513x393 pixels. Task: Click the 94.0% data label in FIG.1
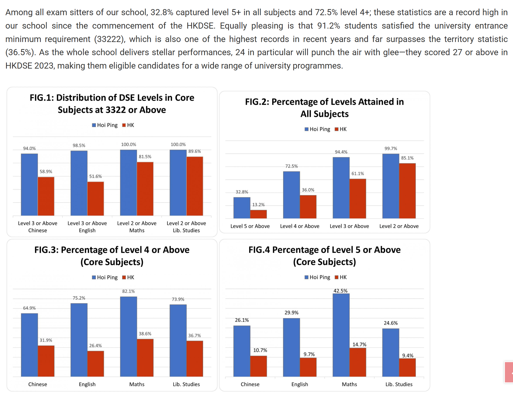29,148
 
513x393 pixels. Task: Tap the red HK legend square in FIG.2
337,129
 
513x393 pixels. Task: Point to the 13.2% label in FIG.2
258,204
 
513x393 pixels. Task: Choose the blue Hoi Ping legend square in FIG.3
94,277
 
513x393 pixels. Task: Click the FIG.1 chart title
112,104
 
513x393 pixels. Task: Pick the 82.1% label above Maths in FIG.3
128,291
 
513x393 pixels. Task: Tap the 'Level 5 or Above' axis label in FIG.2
250,226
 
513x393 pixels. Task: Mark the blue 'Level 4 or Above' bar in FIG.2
291,195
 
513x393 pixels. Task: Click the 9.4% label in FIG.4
408,355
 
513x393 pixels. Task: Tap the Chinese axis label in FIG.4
250,384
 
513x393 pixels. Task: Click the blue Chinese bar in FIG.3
29,345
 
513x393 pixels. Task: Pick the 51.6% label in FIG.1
95,176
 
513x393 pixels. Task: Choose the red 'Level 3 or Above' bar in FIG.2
358,198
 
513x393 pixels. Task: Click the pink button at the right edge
509,372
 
